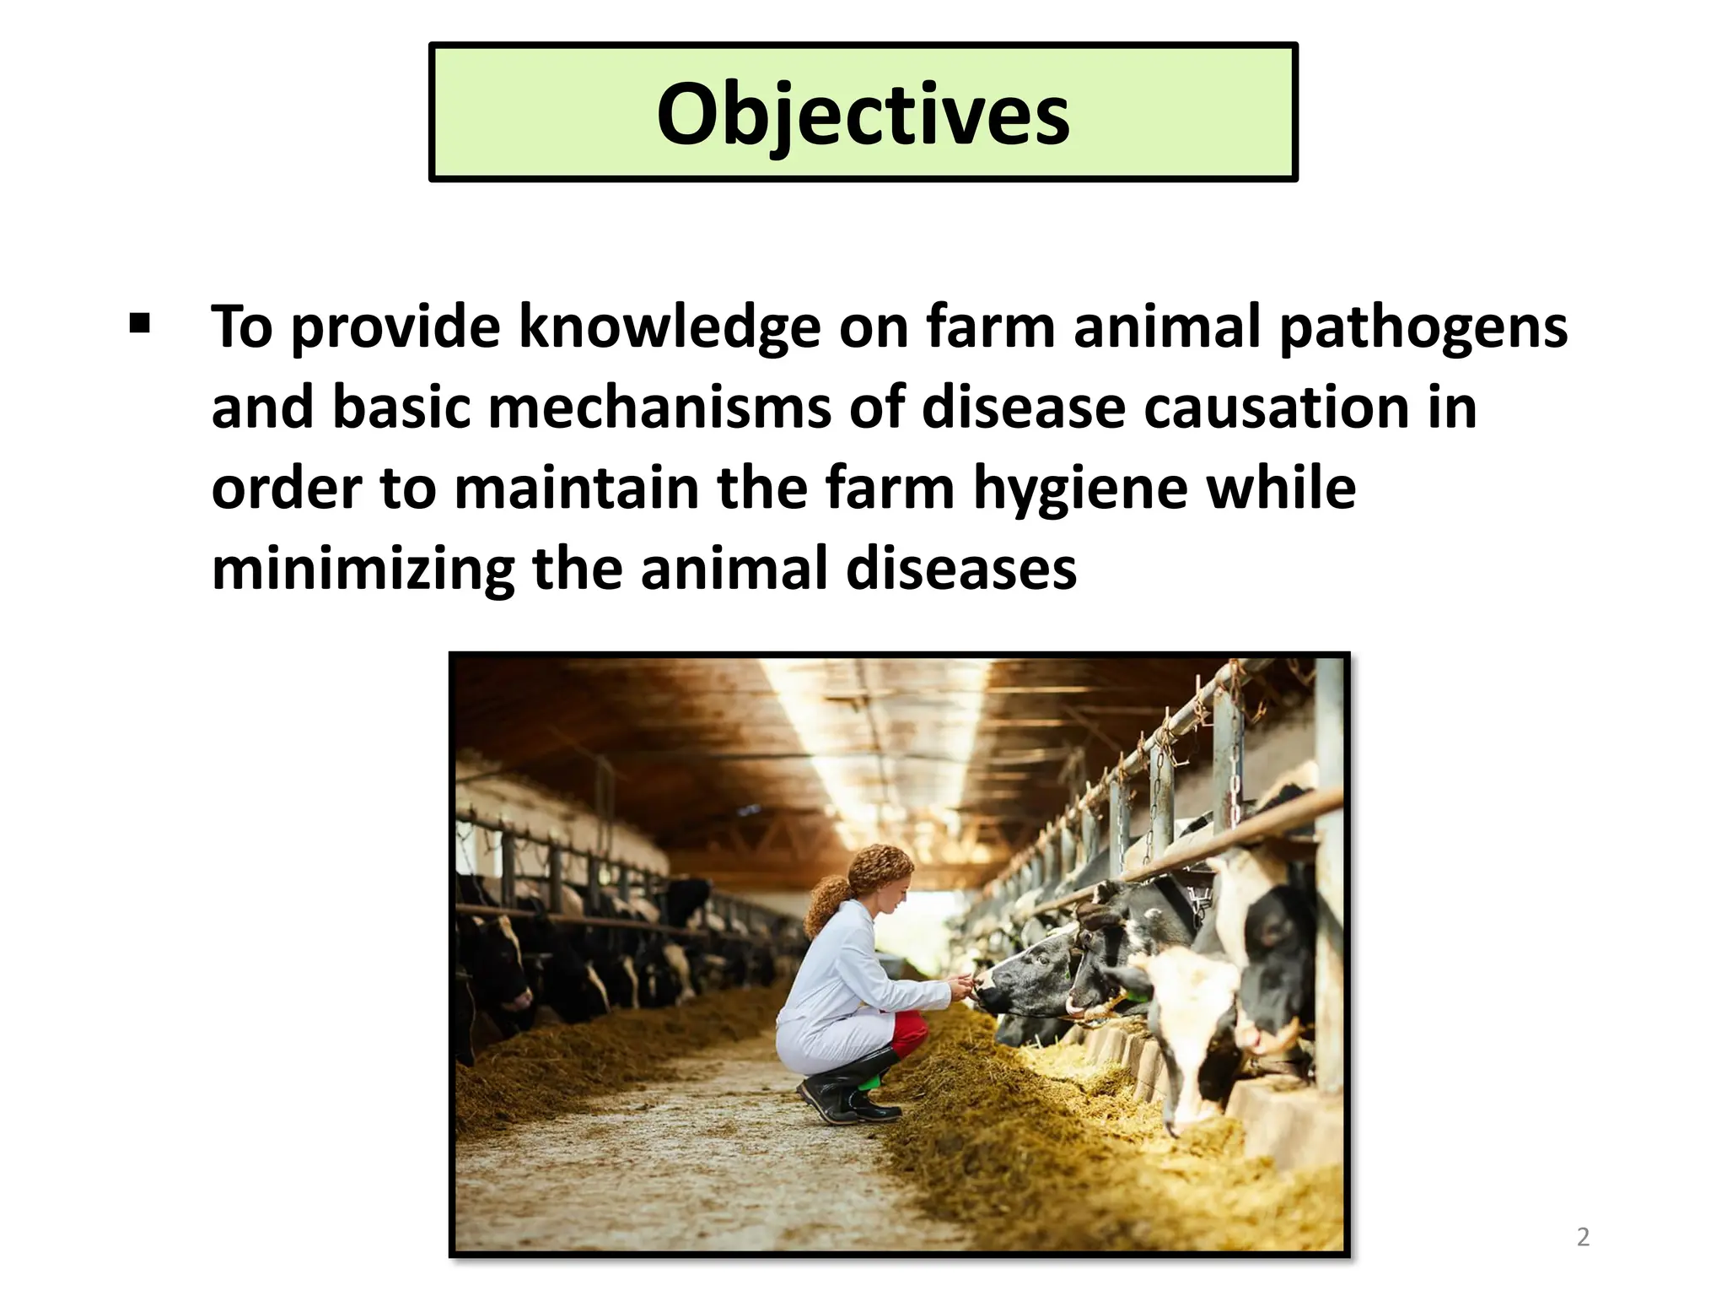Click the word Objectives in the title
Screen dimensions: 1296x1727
pos(863,114)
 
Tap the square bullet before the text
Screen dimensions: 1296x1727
pos(140,324)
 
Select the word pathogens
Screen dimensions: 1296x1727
pos(1423,327)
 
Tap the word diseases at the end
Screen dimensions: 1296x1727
pos(961,569)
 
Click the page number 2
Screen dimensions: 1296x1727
pos(1583,1237)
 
